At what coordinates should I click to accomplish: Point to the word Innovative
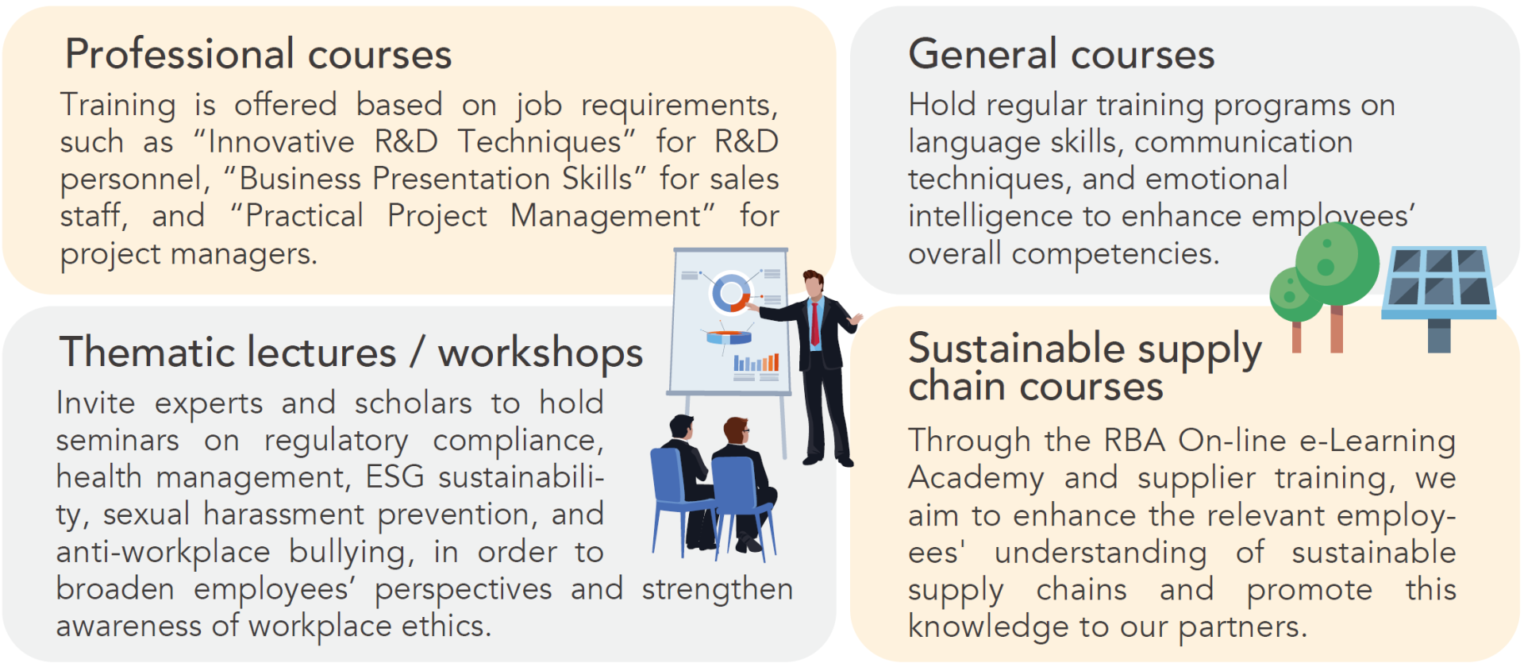click(x=281, y=142)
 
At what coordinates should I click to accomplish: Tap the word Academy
click(x=976, y=479)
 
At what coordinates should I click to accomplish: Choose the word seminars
click(x=117, y=441)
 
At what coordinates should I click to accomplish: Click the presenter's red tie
click(x=814, y=323)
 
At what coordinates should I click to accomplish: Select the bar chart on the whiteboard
click(x=756, y=364)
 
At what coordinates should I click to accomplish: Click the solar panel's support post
click(x=1439, y=335)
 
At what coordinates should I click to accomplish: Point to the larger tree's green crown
click(x=1337, y=264)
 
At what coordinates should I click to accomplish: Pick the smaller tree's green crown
click(x=1295, y=294)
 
